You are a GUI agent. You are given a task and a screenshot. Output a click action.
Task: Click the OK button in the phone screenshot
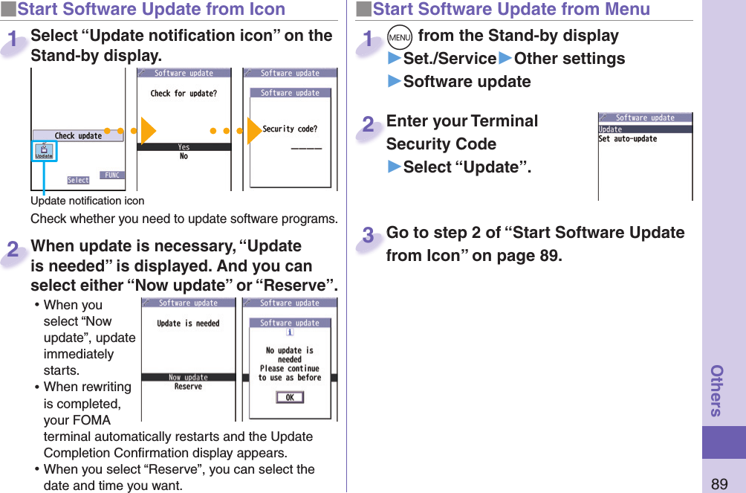289,398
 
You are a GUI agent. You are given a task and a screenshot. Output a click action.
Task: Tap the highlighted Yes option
184,147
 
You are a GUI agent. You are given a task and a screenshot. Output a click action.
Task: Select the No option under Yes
184,156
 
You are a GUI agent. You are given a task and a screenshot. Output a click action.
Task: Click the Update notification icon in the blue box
44,152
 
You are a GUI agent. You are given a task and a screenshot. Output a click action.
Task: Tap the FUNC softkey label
112,175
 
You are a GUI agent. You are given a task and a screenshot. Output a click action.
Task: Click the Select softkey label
78,180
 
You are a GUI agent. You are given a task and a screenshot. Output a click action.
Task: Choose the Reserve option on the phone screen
188,387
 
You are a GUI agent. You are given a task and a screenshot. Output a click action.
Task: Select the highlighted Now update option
188,378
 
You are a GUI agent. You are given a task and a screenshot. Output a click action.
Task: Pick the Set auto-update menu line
628,139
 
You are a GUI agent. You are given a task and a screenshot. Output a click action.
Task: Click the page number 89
719,484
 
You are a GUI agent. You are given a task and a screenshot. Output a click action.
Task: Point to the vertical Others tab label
717,390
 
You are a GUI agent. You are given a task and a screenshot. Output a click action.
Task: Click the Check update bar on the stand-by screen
78,136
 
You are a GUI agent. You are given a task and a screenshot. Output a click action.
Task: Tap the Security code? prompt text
290,129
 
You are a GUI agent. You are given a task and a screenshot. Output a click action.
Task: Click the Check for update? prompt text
184,94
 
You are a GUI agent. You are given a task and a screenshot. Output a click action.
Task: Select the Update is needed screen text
188,323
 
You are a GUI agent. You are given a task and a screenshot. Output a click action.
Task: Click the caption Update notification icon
88,201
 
